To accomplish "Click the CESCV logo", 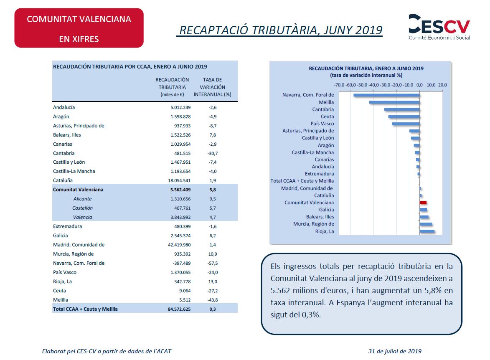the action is coord(439,27).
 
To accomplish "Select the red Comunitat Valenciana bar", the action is coord(423,203).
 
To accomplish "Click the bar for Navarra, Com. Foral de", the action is coord(386,95).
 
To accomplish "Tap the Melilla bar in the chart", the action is coord(394,102).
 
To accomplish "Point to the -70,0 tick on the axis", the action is coord(339,85).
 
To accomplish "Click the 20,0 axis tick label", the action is coord(442,85).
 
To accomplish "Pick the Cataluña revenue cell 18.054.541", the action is coord(179,180).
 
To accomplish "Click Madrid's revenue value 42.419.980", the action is coord(179,245).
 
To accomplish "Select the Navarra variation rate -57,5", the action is coord(213,264).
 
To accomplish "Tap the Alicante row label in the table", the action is coord(82,199).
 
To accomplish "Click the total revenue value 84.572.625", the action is coord(179,309).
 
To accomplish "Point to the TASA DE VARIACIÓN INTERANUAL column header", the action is coord(213,87).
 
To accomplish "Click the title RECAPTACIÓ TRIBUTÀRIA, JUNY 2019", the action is coord(281,30).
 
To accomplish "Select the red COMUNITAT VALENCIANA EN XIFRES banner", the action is coord(79,28).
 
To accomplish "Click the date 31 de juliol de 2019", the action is coord(395,351).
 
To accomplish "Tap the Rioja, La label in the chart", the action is coord(325,231).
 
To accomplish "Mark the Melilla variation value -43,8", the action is coord(213,300).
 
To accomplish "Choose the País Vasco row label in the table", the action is coord(65,272).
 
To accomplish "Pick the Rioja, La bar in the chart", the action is coord(427,231).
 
